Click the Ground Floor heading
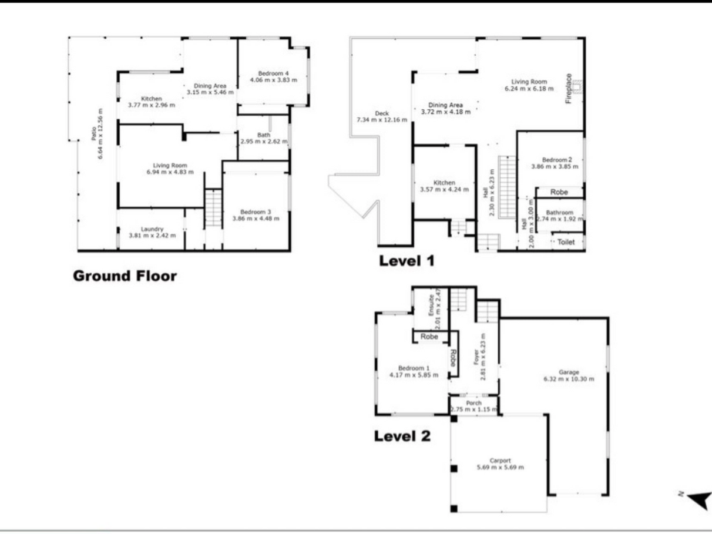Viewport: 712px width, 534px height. (x=125, y=276)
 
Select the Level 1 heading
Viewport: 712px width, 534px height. (x=407, y=261)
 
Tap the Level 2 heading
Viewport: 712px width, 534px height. (x=402, y=436)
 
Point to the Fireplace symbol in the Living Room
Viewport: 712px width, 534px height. (x=577, y=86)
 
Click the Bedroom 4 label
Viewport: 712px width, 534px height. (x=273, y=73)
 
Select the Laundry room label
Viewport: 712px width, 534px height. (x=152, y=229)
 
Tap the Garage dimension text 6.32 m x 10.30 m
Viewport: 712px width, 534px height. (x=569, y=379)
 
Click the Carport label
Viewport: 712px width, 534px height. (x=500, y=461)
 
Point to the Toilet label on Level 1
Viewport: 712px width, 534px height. (x=566, y=242)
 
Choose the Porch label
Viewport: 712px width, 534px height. (x=473, y=403)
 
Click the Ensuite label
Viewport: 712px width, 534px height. (x=431, y=305)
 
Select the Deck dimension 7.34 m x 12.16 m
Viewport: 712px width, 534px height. (x=382, y=120)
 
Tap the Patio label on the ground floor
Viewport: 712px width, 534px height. (x=94, y=133)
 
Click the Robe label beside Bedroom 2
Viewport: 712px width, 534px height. (x=559, y=192)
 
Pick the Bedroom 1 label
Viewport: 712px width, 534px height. (x=414, y=368)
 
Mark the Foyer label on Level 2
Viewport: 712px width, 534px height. (x=476, y=357)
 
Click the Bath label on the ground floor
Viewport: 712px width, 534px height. (x=264, y=135)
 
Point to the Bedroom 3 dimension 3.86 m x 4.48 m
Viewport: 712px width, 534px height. (x=256, y=219)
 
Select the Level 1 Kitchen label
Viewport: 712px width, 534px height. (x=444, y=183)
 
